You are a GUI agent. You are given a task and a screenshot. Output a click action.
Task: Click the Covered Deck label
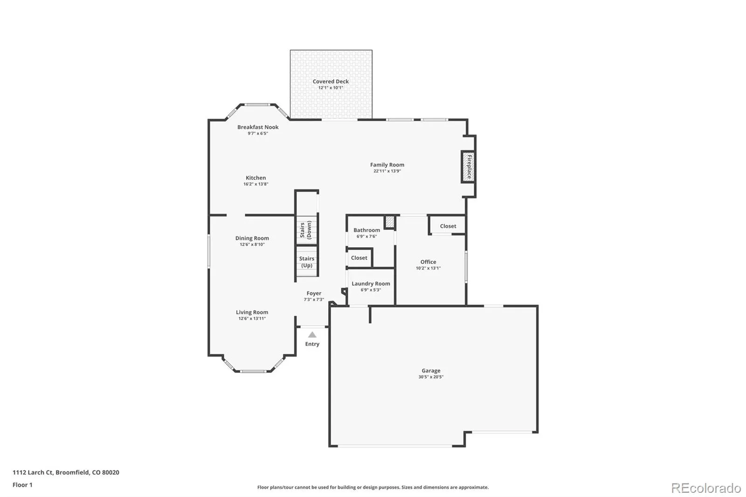click(331, 81)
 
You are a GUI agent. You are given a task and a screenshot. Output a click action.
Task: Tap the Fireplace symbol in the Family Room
click(468, 167)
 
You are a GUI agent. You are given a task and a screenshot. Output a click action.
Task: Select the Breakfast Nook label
click(258, 127)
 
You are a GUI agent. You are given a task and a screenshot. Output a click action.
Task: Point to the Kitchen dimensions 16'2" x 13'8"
click(256, 184)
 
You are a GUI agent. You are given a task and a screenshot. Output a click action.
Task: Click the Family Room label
click(387, 165)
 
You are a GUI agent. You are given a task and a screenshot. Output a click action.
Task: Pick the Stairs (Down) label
click(306, 230)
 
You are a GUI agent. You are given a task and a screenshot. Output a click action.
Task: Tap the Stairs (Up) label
click(307, 262)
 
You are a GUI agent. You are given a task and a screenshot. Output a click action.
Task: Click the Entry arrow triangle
click(312, 334)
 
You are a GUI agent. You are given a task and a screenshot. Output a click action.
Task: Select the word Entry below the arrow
click(312, 344)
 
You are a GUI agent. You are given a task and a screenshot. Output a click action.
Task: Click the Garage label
click(431, 370)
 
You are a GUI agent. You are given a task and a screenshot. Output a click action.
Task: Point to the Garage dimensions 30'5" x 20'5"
click(431, 377)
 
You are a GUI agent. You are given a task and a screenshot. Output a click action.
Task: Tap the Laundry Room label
click(371, 283)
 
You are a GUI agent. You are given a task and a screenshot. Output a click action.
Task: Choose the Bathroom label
click(366, 230)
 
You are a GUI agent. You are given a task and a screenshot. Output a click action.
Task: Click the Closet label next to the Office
click(448, 226)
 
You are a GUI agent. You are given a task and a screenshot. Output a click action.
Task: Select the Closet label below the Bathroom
click(359, 257)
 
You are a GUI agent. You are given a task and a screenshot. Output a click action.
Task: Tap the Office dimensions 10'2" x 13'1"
click(428, 268)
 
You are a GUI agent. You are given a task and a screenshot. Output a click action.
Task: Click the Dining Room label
click(252, 238)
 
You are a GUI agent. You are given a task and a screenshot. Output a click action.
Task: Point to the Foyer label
click(314, 293)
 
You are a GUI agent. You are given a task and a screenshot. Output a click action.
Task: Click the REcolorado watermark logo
click(706, 488)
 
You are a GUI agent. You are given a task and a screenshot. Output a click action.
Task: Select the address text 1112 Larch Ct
click(33, 472)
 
